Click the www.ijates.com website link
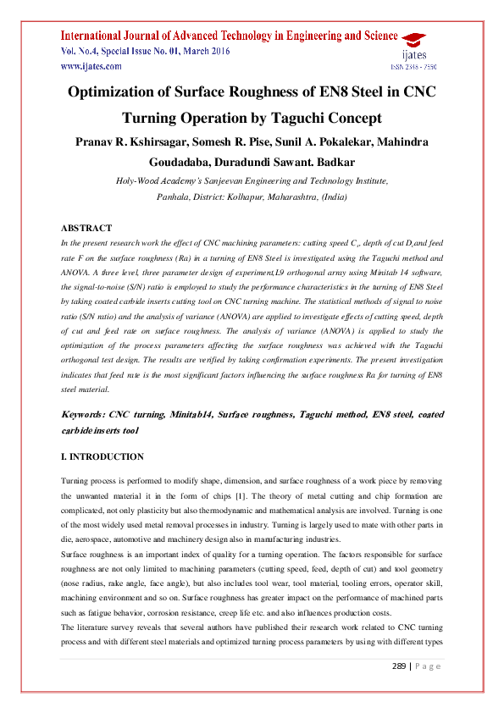click(x=91, y=65)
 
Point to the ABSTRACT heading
click(x=86, y=229)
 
